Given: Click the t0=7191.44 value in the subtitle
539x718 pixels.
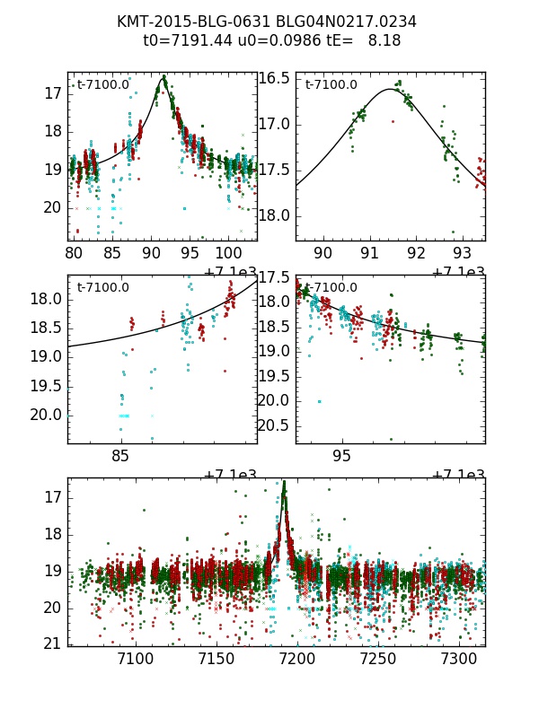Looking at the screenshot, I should pos(184,40).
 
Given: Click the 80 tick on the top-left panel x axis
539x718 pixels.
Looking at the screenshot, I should pos(72,253).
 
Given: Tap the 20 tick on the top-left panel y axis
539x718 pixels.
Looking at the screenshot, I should pos(52,207).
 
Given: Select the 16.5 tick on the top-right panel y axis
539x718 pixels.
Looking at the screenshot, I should pos(274,78).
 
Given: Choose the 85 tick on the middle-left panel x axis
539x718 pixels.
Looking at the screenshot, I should pos(120,456).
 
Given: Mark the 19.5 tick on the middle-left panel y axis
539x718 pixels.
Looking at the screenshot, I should pos(46,386).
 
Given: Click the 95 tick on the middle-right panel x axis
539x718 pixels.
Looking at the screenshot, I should pos(342,456).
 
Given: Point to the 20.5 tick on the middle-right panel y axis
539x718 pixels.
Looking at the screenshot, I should pos(274,425).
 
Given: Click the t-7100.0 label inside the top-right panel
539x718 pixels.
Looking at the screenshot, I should pos(331,85).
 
